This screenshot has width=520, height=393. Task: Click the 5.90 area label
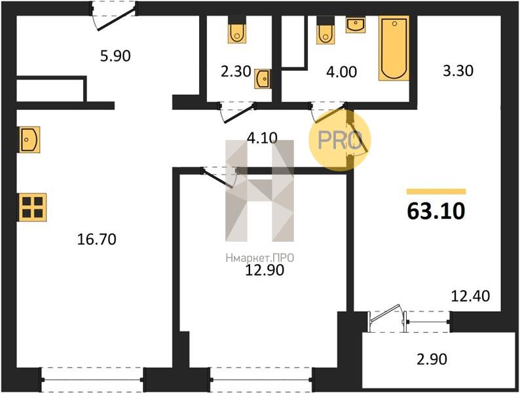115,56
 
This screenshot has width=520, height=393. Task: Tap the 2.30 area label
236,71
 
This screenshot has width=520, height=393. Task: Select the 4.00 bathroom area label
341,71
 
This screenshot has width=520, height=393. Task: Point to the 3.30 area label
458,71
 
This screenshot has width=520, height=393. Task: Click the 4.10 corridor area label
263,138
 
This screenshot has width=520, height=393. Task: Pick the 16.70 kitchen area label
96,239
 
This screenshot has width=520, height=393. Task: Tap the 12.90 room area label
265,270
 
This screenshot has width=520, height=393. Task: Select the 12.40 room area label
470,296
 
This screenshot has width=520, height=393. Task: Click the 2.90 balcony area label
432,359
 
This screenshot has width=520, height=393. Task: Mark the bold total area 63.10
436,211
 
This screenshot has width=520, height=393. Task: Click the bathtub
394,48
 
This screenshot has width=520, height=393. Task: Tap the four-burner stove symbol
32,207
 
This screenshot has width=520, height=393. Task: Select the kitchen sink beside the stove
29,140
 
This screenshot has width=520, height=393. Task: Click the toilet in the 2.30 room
237,30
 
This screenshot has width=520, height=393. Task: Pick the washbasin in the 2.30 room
263,79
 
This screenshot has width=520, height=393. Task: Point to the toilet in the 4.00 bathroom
325,30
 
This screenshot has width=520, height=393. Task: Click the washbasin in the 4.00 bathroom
356,25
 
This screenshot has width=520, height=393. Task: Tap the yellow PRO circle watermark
339,140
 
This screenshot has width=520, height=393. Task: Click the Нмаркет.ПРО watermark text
259,257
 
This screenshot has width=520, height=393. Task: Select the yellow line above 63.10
436,191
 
